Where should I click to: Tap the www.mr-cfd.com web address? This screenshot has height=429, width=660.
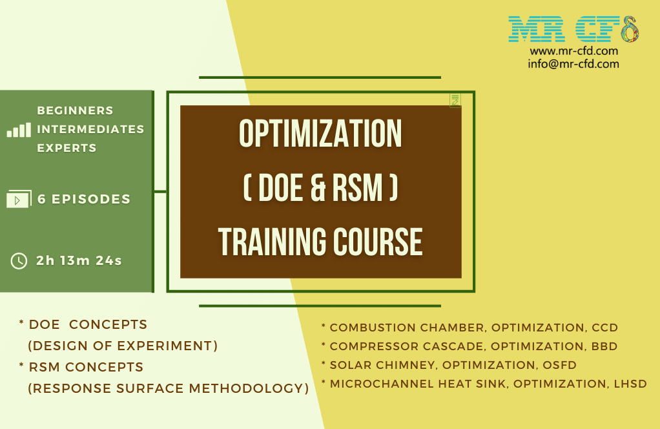(573, 51)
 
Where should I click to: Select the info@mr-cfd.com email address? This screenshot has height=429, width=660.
(573, 64)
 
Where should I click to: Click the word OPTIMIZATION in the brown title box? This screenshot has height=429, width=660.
(320, 134)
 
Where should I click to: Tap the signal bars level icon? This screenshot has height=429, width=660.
(19, 130)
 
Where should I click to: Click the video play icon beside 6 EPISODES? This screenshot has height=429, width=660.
(18, 200)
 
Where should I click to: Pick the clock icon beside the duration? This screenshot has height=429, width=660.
(19, 261)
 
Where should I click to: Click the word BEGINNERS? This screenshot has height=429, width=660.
(75, 110)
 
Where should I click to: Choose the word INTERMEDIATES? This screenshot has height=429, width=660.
(90, 129)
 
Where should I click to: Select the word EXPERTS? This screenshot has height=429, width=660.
(67, 148)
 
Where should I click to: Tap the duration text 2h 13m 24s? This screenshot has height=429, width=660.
(79, 261)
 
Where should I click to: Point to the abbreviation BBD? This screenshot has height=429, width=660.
(604, 346)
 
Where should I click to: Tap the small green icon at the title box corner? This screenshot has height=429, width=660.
(455, 100)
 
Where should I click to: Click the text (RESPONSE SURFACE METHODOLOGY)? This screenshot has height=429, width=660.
(168, 388)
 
